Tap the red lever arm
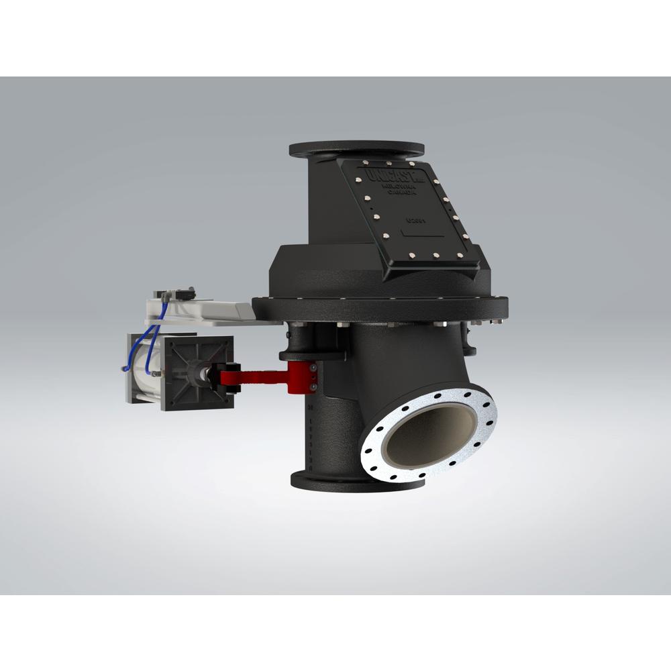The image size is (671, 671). click(262, 378)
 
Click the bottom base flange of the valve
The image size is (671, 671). click(356, 481)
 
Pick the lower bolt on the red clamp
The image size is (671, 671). click(313, 386)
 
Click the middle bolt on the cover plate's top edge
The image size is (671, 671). click(388, 163)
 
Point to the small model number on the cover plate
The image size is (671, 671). click(413, 219)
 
